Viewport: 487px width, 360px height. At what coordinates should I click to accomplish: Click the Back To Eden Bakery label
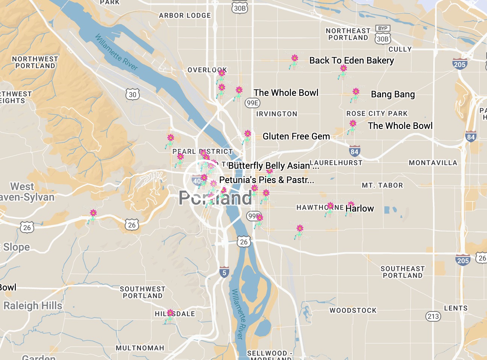pyautogui.click(x=351, y=61)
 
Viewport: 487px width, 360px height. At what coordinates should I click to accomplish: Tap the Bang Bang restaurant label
pyautogui.click(x=393, y=94)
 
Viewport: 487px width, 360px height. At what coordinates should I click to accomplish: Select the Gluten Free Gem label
pyautogui.click(x=296, y=136)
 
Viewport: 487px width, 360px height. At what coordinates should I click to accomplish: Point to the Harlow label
pyautogui.click(x=360, y=209)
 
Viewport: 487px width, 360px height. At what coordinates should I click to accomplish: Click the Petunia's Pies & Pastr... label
pyautogui.click(x=266, y=180)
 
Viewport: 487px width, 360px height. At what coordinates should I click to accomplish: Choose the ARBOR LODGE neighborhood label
pyautogui.click(x=185, y=15)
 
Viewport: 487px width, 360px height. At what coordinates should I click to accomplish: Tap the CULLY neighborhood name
pyautogui.click(x=400, y=49)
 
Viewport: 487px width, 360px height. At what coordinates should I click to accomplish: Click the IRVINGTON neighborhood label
pyautogui.click(x=277, y=114)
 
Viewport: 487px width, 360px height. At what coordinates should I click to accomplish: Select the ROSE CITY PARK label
pyautogui.click(x=377, y=113)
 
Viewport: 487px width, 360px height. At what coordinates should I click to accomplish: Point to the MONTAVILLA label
pyautogui.click(x=433, y=163)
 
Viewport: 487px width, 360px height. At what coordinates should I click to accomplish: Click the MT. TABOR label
pyautogui.click(x=382, y=185)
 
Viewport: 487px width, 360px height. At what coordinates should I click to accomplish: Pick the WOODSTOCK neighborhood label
pyautogui.click(x=353, y=310)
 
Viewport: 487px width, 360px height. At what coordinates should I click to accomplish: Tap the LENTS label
pyautogui.click(x=456, y=308)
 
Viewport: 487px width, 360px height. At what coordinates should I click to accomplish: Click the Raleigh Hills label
pyautogui.click(x=33, y=306)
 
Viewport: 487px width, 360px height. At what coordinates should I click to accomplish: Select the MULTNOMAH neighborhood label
pyautogui.click(x=140, y=348)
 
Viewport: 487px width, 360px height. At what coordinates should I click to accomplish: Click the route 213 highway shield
pyautogui.click(x=433, y=316)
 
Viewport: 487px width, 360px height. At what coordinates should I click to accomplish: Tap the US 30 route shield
pyautogui.click(x=133, y=94)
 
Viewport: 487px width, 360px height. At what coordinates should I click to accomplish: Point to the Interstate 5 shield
pyautogui.click(x=224, y=272)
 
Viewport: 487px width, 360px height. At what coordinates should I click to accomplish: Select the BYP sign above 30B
pyautogui.click(x=383, y=29)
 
